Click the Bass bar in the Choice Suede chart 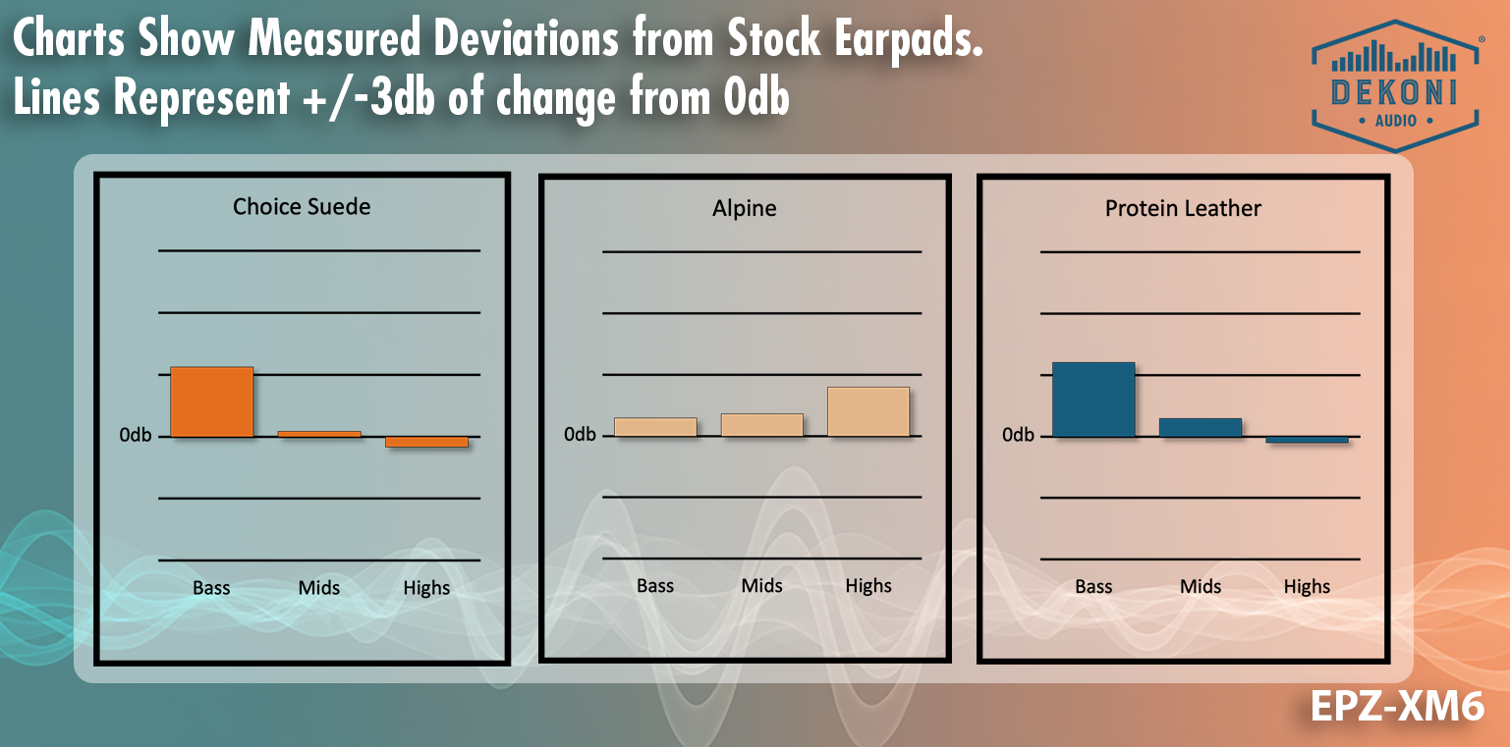[x=211, y=401]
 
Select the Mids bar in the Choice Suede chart [x=319, y=433]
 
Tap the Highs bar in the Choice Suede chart [x=426, y=442]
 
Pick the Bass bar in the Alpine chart [x=655, y=427]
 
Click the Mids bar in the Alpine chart [x=761, y=425]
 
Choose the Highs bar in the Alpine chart [x=868, y=411]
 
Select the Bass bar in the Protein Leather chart [x=1093, y=400]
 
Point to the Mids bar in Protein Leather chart [x=1200, y=427]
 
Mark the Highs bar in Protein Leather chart [x=1307, y=440]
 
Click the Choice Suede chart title [x=302, y=206]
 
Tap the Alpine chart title [x=745, y=208]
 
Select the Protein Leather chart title [x=1183, y=208]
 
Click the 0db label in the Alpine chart [x=580, y=434]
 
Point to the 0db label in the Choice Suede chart [x=136, y=434]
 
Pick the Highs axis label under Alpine [x=868, y=586]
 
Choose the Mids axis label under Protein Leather [x=1200, y=587]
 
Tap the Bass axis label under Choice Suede [x=211, y=588]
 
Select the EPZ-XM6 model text [x=1396, y=707]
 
